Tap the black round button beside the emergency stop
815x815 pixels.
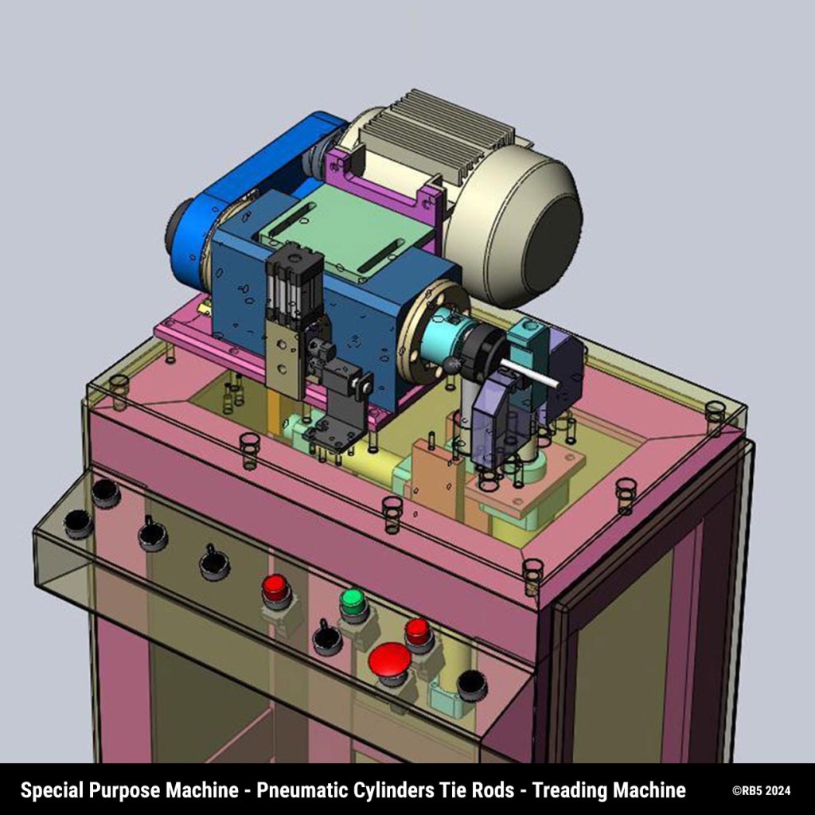click(x=472, y=685)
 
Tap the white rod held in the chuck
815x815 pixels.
click(x=528, y=373)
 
